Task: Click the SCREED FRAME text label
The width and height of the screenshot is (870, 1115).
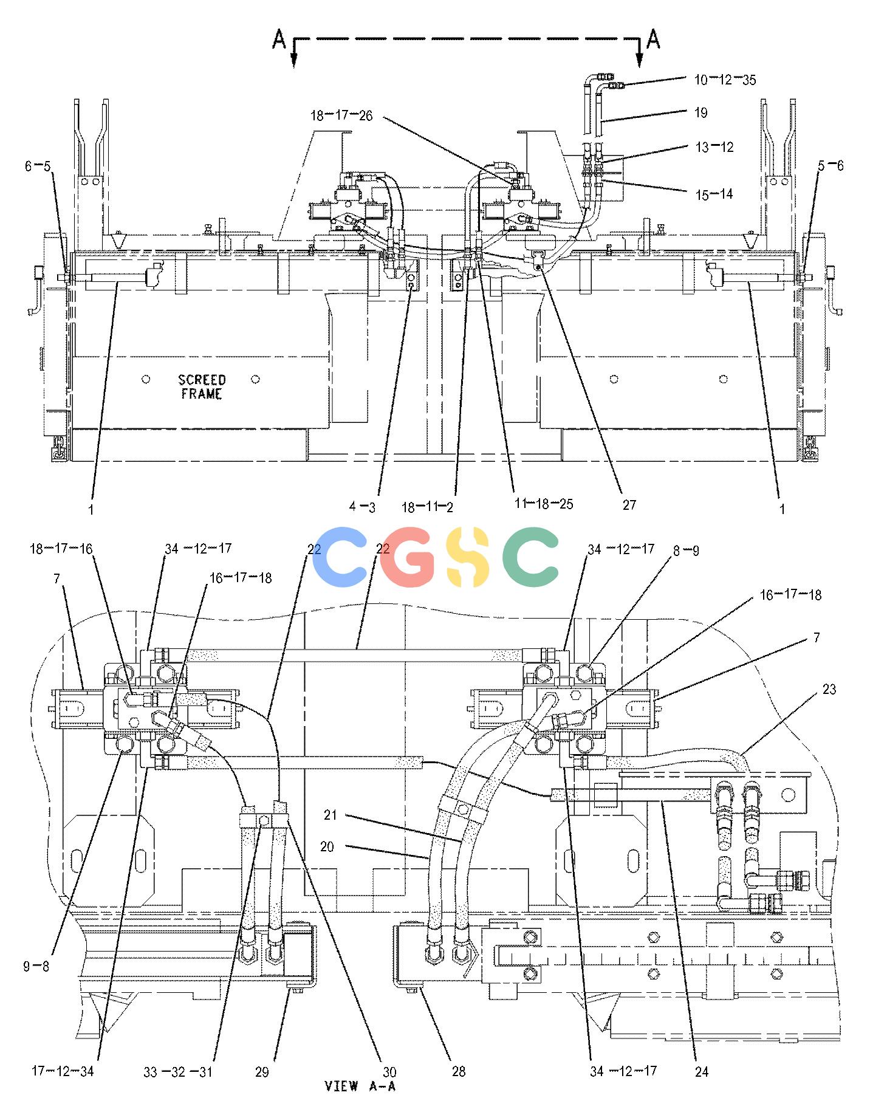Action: point(202,387)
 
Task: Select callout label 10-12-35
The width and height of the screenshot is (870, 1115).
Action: point(725,80)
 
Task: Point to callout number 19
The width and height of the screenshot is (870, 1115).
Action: point(701,112)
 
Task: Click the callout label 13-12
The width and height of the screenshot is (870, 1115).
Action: point(714,147)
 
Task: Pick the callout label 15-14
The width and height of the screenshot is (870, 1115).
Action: point(714,194)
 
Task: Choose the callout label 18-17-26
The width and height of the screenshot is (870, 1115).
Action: point(341,115)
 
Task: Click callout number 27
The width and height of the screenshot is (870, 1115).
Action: point(629,504)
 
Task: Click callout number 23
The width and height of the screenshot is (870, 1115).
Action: point(829,689)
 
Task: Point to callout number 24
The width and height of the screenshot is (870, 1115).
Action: point(702,1071)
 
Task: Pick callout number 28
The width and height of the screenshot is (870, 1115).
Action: point(459,1071)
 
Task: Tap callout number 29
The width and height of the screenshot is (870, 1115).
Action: point(262,1071)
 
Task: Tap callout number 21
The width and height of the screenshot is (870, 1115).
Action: point(330,815)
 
